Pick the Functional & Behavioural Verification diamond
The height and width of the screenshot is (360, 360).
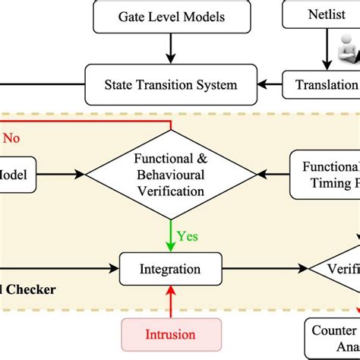(171, 174)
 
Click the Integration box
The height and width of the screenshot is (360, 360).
(171, 268)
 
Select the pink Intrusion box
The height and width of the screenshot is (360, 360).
(170, 333)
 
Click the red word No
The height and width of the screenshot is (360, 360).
(12, 138)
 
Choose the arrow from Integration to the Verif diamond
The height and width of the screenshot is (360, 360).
(265, 268)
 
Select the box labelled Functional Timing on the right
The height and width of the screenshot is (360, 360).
(326, 174)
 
